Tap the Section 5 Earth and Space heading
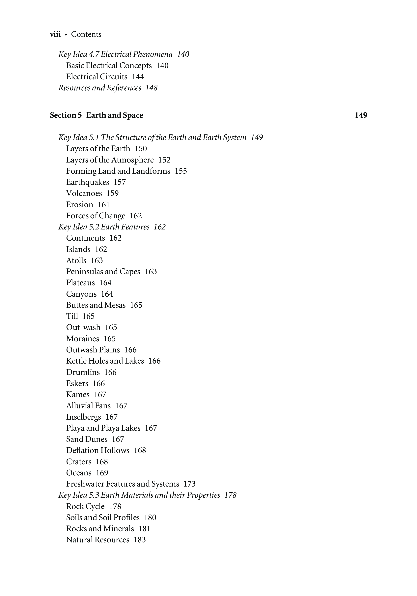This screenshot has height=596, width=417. tap(96, 115)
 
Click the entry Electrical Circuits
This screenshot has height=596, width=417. tap(97, 76)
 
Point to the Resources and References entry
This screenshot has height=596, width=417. tap(100, 88)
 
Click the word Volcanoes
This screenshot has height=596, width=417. tap(84, 193)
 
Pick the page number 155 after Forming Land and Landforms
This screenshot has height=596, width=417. tap(181, 171)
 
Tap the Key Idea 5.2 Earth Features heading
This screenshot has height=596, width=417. tap(104, 227)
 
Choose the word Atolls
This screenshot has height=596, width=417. tap(76, 260)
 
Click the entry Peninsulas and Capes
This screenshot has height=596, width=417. tap(103, 272)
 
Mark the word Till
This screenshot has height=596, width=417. tap(72, 316)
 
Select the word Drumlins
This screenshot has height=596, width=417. tap(83, 372)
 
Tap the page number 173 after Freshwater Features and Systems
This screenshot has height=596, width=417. tap(189, 484)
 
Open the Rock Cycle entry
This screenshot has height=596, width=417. tap(85, 506)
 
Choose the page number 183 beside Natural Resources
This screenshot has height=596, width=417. tap(140, 540)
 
